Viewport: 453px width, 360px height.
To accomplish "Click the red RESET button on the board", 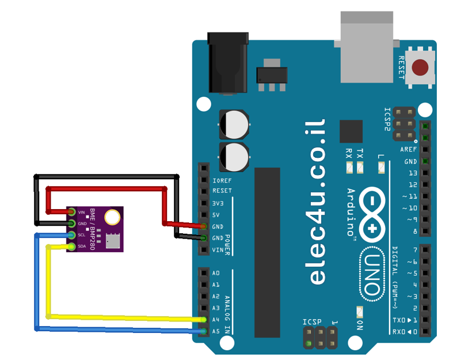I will click(x=422, y=67).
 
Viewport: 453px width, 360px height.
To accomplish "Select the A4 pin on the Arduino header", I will click(x=204, y=320).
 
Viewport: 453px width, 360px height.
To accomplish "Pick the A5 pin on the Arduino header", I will click(x=204, y=331).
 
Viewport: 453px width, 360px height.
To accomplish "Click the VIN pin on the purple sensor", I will click(x=72, y=213).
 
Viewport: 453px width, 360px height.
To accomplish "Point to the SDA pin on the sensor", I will click(x=72, y=247).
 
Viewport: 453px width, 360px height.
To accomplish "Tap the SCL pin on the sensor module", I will click(x=72, y=235).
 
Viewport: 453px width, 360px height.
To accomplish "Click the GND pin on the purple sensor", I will click(x=72, y=223).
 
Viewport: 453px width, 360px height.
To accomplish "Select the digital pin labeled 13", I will click(x=425, y=173).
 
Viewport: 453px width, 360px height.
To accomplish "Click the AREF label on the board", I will click(x=409, y=150).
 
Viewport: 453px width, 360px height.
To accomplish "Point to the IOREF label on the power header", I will click(x=222, y=180).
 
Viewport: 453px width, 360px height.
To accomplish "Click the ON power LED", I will click(x=360, y=312).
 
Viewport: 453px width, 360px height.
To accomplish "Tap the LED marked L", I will click(x=380, y=168).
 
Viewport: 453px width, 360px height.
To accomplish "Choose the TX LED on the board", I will click(x=360, y=168).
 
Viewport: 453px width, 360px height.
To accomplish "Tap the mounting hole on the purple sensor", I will click(x=113, y=217).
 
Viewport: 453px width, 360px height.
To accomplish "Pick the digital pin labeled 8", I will click(x=425, y=231).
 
